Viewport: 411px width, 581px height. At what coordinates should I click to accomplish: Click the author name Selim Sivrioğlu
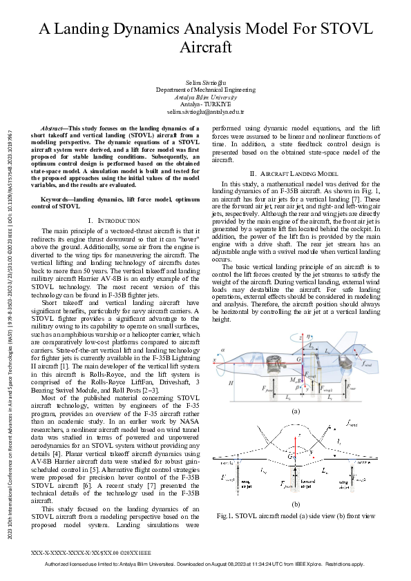[x=205, y=83]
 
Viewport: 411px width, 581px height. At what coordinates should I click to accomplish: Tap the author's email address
[x=205, y=111]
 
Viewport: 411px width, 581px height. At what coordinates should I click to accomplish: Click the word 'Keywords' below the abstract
[x=56, y=199]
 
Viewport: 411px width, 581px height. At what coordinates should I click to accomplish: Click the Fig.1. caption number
[x=226, y=516]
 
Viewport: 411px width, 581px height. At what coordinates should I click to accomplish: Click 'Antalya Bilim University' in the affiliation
[x=205, y=97]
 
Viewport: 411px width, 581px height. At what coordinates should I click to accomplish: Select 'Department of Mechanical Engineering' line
[x=205, y=90]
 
